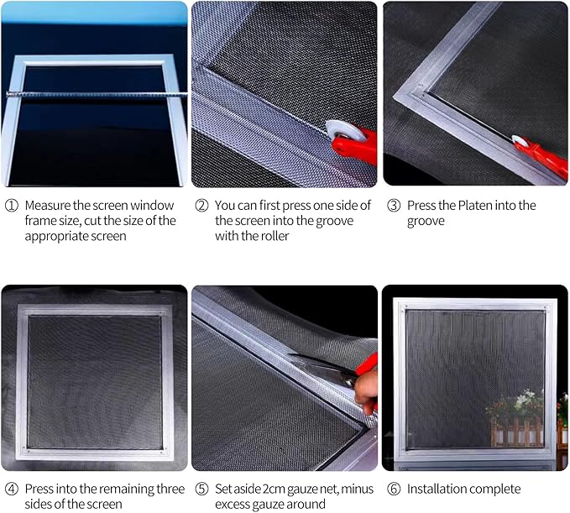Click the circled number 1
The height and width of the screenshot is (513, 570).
point(11,206)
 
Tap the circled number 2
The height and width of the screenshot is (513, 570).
point(201,206)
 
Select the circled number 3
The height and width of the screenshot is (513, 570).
point(394,206)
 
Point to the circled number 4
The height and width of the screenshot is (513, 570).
point(11,489)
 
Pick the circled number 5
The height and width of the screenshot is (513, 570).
point(201,489)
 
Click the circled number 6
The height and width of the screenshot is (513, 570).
point(394,489)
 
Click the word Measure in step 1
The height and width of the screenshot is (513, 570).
point(48,206)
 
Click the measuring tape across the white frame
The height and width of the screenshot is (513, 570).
point(97,95)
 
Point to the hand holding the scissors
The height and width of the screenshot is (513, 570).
point(366,392)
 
